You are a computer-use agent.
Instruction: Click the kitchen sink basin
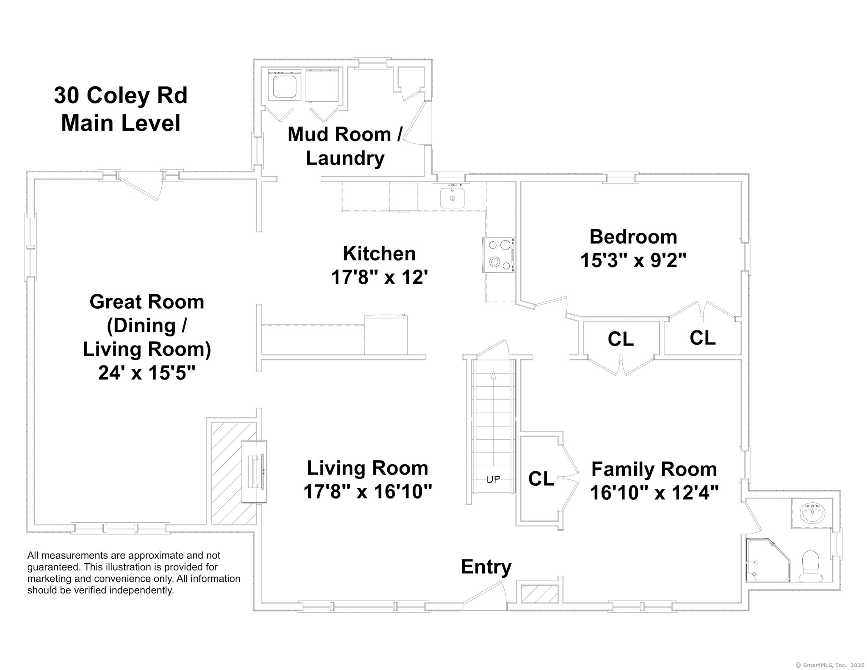coord(452,198)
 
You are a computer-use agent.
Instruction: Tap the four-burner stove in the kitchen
coord(499,255)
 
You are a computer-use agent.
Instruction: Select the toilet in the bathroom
coord(811,566)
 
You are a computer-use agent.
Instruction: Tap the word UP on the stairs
coord(493,479)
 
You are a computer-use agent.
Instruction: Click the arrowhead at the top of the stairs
coord(493,374)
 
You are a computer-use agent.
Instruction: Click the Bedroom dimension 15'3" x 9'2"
coord(633,260)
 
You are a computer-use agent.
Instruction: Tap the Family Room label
coord(654,469)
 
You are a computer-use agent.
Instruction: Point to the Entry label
coord(486,567)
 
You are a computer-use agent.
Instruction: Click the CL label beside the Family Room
coord(541,479)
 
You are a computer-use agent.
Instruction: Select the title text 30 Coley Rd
coord(121,95)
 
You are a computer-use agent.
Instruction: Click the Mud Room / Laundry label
coord(345,146)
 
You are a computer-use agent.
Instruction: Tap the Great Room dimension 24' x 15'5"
coord(147,373)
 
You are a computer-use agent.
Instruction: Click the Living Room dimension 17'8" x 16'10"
coord(367,492)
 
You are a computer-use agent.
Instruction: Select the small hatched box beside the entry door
coord(538,594)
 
